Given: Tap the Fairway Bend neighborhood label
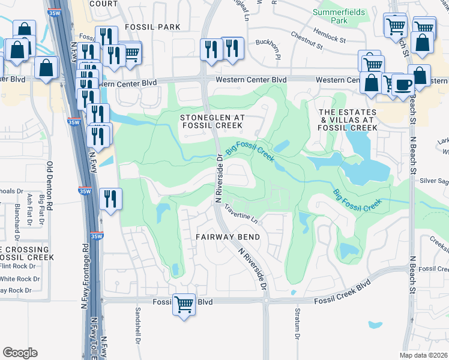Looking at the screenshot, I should [x=228, y=237].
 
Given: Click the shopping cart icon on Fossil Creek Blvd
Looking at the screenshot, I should [x=184, y=304].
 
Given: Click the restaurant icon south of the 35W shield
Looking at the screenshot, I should [x=109, y=199].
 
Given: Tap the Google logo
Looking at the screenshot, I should [x=20, y=353].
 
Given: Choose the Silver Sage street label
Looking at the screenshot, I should [x=434, y=180].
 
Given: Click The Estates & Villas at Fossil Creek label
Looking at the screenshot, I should [x=348, y=120].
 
